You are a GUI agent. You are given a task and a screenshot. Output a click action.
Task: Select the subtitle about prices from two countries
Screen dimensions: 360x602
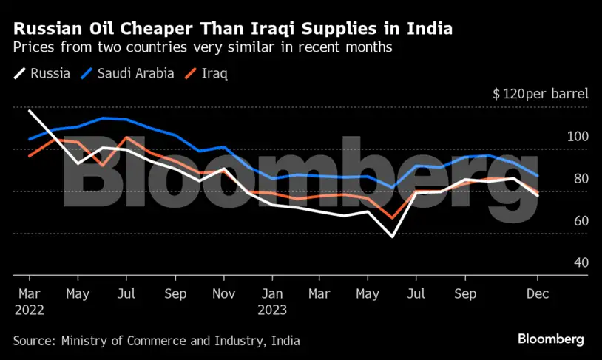[x=202, y=48]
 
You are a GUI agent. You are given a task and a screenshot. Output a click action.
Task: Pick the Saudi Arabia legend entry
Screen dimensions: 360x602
[x=127, y=73]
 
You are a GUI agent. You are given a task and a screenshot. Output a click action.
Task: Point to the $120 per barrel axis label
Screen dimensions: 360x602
[x=541, y=95]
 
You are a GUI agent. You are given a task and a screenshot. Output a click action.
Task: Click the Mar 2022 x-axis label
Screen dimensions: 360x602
[x=29, y=302]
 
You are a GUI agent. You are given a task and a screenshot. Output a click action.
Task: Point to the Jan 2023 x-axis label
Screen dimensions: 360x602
[x=271, y=302]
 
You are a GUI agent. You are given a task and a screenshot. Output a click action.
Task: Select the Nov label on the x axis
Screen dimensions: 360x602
[x=223, y=293]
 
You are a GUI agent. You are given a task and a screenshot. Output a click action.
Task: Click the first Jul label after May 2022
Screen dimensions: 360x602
[x=126, y=293]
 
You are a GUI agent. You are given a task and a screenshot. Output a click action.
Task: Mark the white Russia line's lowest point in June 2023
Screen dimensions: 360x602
[x=391, y=237]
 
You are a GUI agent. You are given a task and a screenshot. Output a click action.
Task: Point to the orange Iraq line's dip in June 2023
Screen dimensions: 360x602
[x=391, y=219]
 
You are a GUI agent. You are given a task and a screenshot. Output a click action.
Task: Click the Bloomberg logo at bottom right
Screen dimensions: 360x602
[x=550, y=339]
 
